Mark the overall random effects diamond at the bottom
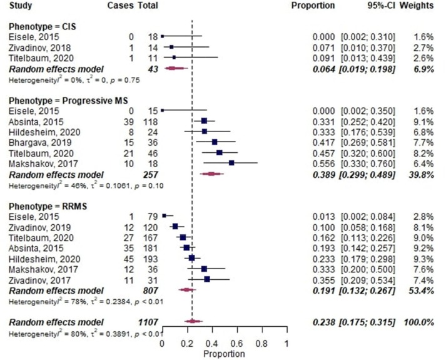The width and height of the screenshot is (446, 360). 191,322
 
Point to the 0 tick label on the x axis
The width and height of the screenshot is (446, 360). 162,344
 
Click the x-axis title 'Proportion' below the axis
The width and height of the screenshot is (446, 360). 224,354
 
